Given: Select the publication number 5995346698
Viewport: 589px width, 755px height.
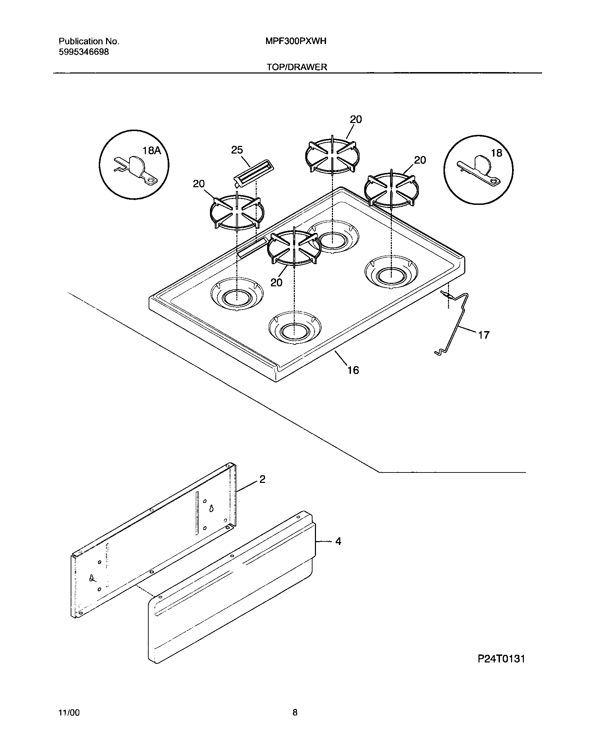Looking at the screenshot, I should point(83,52).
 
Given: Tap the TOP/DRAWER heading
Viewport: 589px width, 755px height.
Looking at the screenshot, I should point(297,67).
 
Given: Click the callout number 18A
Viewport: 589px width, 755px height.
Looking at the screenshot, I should point(152,150).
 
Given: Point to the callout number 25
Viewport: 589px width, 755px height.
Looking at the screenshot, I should point(237,150).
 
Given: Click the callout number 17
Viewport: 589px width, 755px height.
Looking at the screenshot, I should point(484,335).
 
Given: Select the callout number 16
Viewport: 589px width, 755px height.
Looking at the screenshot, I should point(353,370).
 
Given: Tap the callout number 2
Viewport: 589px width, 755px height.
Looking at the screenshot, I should point(262,479).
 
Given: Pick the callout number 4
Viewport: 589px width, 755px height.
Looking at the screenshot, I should point(338,541).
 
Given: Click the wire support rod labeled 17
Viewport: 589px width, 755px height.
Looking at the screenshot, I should point(457,322).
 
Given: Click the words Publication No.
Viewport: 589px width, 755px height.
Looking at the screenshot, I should point(89,42).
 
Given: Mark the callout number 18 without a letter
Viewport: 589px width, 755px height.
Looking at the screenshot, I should point(496,153).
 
